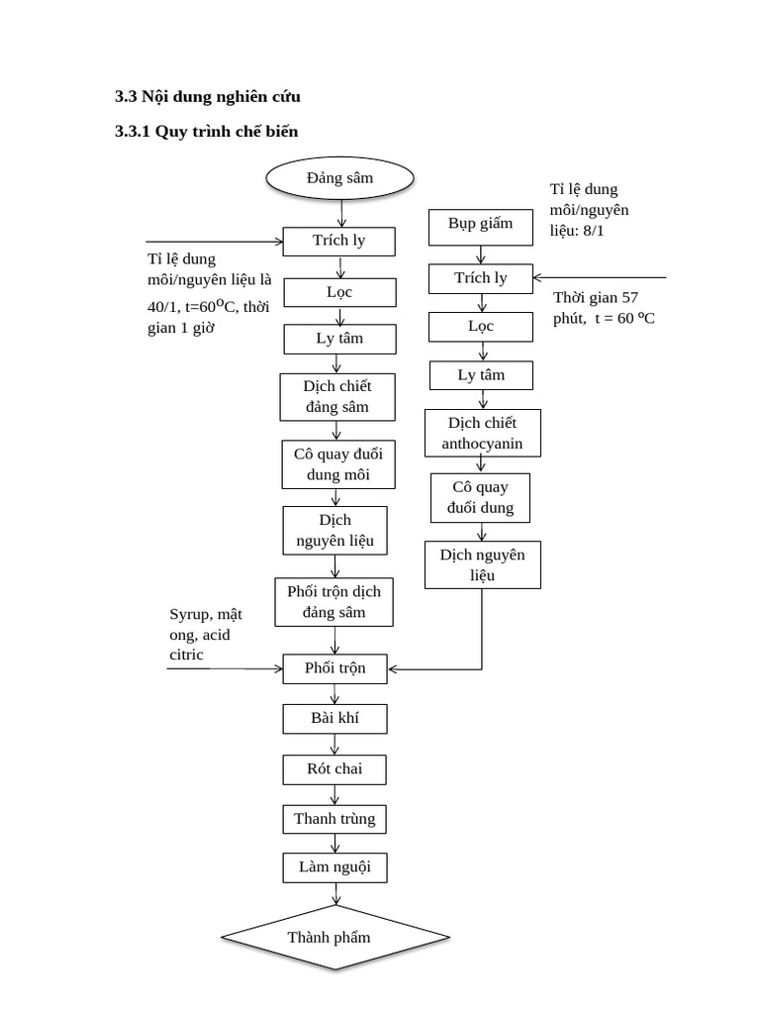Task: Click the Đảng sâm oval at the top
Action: (339, 179)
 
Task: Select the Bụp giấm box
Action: (481, 225)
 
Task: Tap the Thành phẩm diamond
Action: (330, 937)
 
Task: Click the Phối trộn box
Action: (335, 668)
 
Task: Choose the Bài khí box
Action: (334, 718)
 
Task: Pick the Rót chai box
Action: (334, 769)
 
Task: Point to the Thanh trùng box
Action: (334, 819)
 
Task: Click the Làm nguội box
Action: (334, 868)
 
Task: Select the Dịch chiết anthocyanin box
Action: (483, 434)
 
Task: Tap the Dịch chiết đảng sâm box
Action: (339, 397)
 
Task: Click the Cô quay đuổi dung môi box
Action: (338, 464)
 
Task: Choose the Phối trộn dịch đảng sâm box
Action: (334, 602)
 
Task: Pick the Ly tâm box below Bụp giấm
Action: (481, 375)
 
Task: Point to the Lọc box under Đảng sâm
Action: (339, 292)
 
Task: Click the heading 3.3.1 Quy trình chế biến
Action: (206, 131)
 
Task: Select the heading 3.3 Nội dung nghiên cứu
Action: (207, 96)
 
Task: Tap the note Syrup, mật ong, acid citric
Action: (206, 635)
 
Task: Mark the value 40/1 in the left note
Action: (161, 308)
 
